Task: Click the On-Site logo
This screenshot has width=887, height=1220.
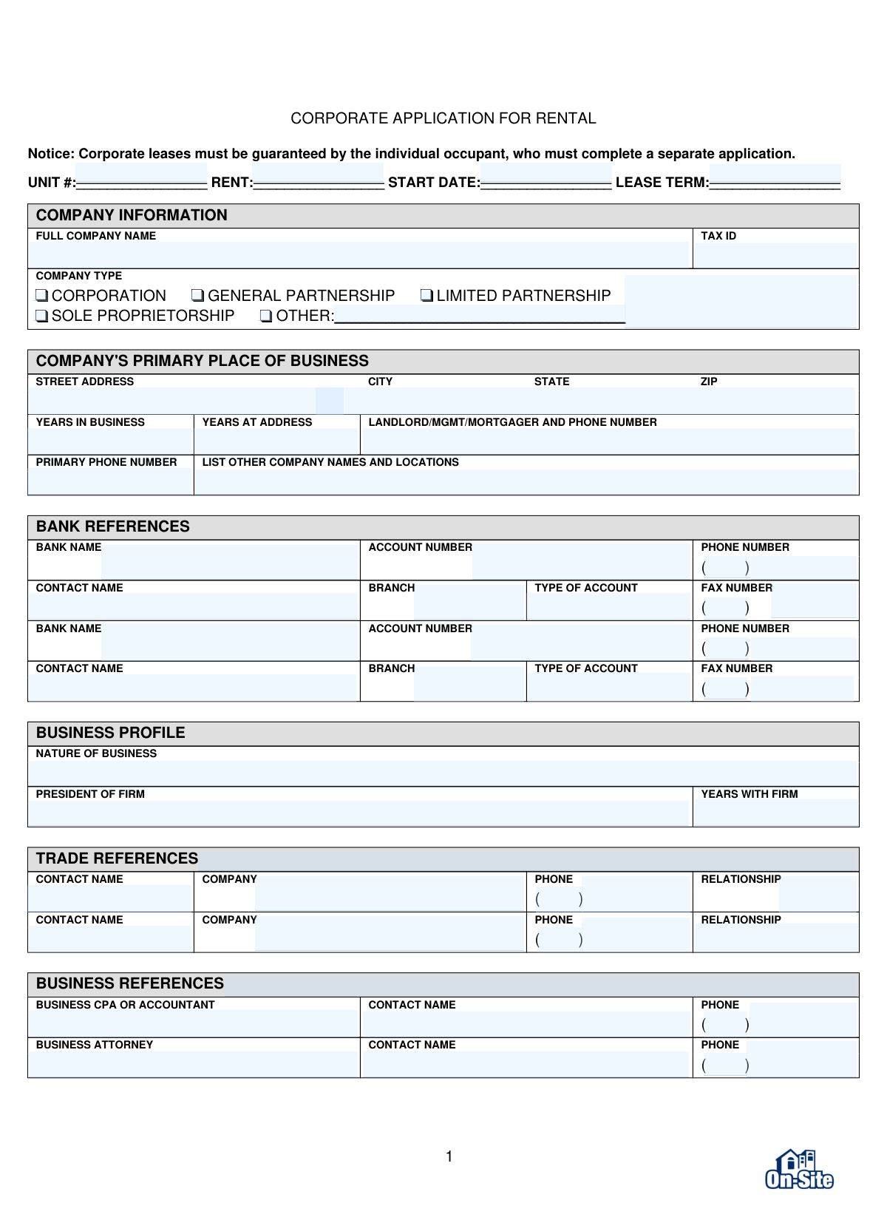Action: pos(799,1170)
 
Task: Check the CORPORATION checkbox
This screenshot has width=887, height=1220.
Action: pos(42,296)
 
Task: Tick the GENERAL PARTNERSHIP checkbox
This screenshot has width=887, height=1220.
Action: pos(197,296)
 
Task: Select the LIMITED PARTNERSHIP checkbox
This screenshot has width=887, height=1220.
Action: pos(426,296)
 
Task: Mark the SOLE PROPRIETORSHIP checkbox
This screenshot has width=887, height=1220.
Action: pos(42,316)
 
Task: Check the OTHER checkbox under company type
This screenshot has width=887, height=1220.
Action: pos(266,316)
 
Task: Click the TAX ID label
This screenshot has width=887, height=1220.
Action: pos(718,236)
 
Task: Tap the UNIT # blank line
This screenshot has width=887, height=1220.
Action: pos(141,183)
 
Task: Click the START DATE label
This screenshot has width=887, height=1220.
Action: pos(433,183)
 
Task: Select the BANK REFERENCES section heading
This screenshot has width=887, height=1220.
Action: pos(113,526)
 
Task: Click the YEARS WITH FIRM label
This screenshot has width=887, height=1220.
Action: pos(749,794)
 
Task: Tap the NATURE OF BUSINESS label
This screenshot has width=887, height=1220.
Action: pos(96,753)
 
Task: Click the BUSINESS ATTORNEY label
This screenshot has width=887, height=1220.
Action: pos(94,1045)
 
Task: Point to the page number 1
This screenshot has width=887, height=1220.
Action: pos(449,1156)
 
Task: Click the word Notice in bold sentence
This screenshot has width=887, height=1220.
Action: pos(51,154)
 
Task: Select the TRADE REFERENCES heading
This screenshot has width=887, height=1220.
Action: pos(117,858)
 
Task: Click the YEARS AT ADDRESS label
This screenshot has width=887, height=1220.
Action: pos(256,422)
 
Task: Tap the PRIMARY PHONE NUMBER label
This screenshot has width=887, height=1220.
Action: pos(106,462)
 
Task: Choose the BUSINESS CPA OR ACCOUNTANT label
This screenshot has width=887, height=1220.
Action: pos(125,1005)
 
